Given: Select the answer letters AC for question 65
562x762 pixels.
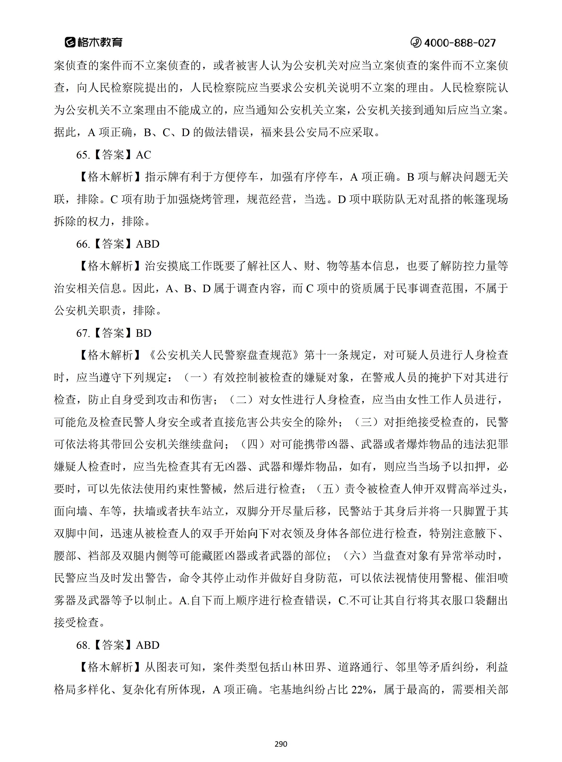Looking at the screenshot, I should click(x=143, y=155).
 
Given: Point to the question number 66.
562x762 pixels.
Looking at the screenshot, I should click(x=83, y=244).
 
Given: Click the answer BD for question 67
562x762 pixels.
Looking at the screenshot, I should click(x=143, y=333).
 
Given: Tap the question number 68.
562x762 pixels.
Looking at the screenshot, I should click(x=83, y=645).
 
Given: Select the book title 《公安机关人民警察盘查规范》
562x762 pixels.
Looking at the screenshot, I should click(x=224, y=355).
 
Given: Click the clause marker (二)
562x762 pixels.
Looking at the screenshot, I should click(x=241, y=400).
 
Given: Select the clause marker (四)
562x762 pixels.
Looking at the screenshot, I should click(x=252, y=444).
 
